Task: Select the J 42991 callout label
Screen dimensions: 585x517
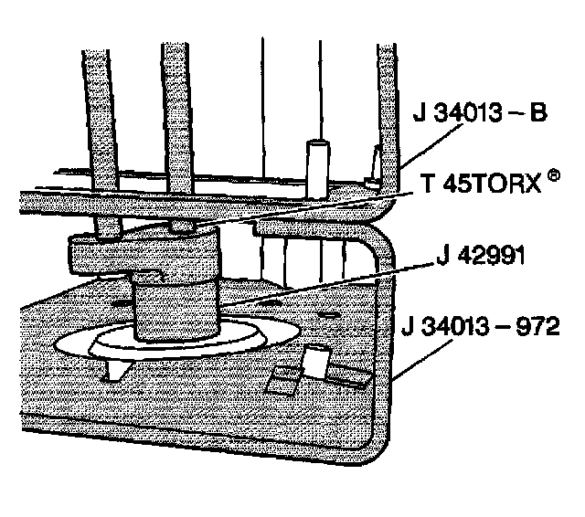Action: (480, 258)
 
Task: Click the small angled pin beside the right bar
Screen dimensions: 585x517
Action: (374, 170)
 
